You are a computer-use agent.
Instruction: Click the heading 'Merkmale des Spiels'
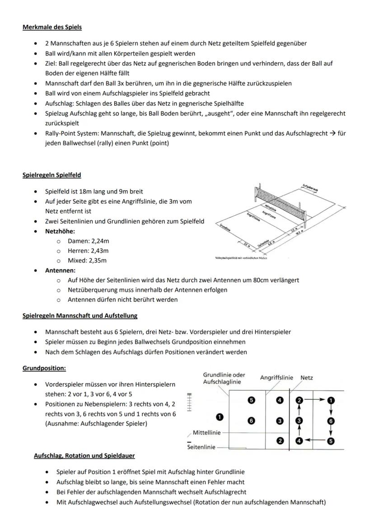click(52, 27)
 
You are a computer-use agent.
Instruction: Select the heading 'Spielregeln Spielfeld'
click(52, 175)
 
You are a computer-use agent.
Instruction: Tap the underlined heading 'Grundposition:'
click(44, 368)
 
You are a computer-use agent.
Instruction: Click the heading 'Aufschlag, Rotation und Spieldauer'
click(84, 456)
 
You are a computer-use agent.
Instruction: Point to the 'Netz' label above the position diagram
click(307, 378)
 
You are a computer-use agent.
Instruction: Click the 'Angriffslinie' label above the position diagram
click(276, 378)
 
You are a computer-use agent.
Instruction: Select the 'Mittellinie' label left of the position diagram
click(207, 433)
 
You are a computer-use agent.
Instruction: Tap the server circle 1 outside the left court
click(220, 417)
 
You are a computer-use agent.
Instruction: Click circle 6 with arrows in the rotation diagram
click(331, 421)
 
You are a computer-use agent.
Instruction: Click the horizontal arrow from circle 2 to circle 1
click(314, 400)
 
